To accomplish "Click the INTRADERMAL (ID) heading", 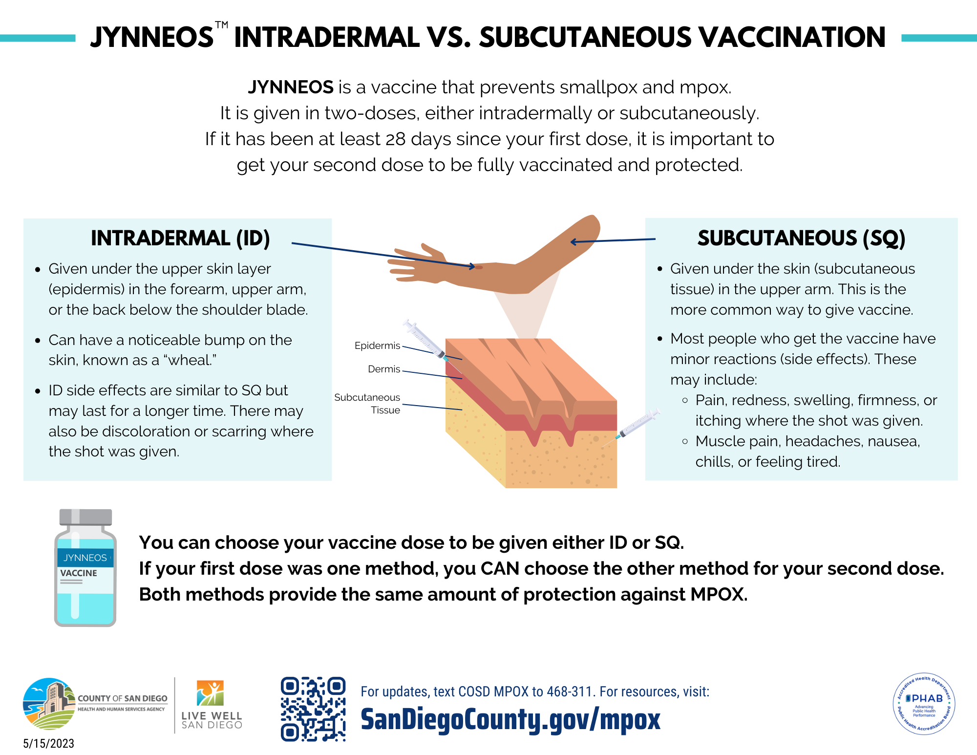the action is tap(180, 238).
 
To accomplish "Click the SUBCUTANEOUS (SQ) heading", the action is tap(801, 238).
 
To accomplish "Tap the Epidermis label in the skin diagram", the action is tap(377, 345).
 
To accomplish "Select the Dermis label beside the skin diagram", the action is tap(384, 369).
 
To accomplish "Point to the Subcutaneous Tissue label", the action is tap(367, 404).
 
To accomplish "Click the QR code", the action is tap(313, 709).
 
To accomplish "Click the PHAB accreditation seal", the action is tap(924, 704).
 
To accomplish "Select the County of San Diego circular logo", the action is tap(49, 704).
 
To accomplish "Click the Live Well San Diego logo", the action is tap(212, 705).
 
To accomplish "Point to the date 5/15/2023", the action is tap(49, 743).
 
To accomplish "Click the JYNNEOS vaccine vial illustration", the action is tap(85, 568).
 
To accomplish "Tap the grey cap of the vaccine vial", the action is tap(85, 517).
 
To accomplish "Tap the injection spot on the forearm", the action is tap(479, 267).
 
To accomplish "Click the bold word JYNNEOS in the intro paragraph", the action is tap(291, 87).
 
